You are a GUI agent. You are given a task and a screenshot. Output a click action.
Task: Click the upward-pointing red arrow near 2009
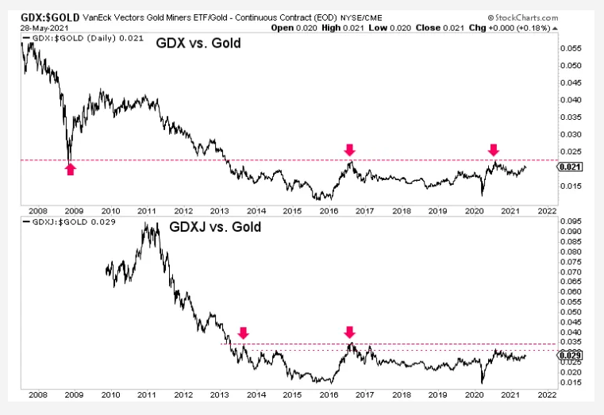click(x=70, y=168)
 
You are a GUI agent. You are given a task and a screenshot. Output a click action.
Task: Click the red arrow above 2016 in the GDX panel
click(x=348, y=149)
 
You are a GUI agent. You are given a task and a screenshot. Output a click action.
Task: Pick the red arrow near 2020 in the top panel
click(x=494, y=149)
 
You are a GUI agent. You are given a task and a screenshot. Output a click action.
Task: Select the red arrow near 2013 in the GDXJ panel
click(x=244, y=333)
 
